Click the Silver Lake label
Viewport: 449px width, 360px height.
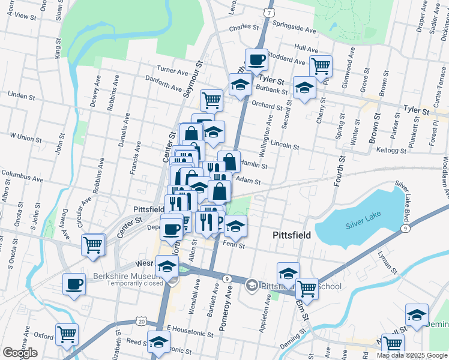(x=364, y=225)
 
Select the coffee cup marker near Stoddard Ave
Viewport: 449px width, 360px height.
(x=257, y=60)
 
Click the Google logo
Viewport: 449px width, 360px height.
(x=20, y=353)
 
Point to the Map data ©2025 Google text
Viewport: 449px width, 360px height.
(x=412, y=355)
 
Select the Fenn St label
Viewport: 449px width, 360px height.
(x=234, y=245)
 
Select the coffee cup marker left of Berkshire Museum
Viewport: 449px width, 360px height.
(x=74, y=284)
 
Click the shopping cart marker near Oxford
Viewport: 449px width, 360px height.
(x=67, y=334)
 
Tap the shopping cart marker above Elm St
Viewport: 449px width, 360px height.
(x=307, y=289)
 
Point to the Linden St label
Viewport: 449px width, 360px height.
(x=22, y=95)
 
